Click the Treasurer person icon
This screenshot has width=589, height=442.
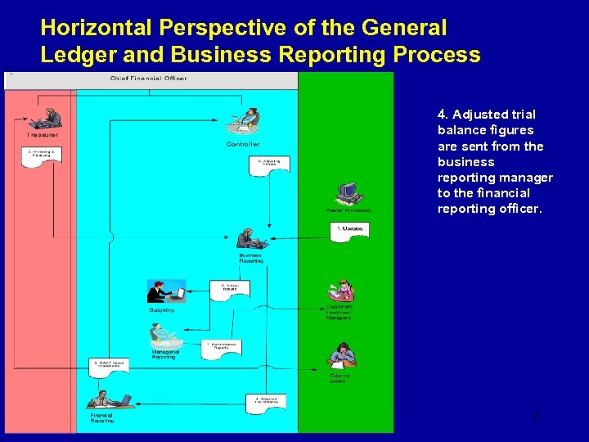pos(47,118)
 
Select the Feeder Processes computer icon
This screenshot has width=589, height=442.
pos(349,195)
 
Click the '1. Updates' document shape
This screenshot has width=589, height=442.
pos(353,230)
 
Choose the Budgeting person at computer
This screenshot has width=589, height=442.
pos(166,292)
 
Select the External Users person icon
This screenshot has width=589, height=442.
pos(340,355)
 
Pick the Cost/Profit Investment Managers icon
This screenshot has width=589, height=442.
pos(340,291)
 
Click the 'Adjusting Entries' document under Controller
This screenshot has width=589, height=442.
pos(269,165)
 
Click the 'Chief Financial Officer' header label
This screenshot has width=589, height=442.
pos(148,79)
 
